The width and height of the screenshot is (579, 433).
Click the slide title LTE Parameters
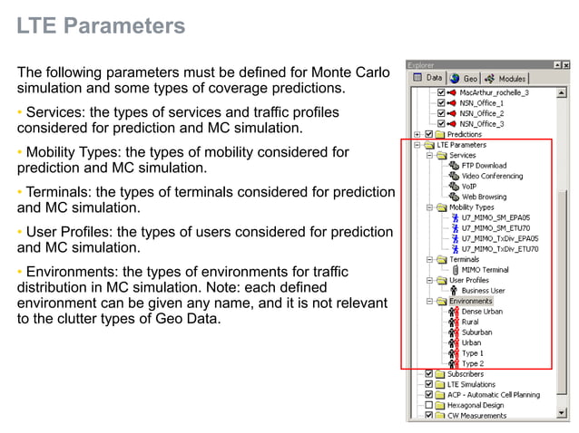click(101, 26)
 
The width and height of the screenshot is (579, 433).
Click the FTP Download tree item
click(483, 166)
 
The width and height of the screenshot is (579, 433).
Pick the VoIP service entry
click(469, 186)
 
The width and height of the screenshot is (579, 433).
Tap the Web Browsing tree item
click(485, 197)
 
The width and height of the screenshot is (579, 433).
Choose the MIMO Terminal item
click(485, 269)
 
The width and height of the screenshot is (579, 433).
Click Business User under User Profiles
click(483, 290)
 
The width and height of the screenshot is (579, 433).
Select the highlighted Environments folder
click(470, 301)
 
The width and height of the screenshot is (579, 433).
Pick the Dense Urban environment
click(481, 311)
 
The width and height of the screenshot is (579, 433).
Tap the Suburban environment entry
click(476, 332)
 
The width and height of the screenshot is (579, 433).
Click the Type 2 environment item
click(472, 363)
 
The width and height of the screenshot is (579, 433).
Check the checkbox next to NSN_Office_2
click(442, 113)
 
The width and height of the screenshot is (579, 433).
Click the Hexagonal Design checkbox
click(428, 405)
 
